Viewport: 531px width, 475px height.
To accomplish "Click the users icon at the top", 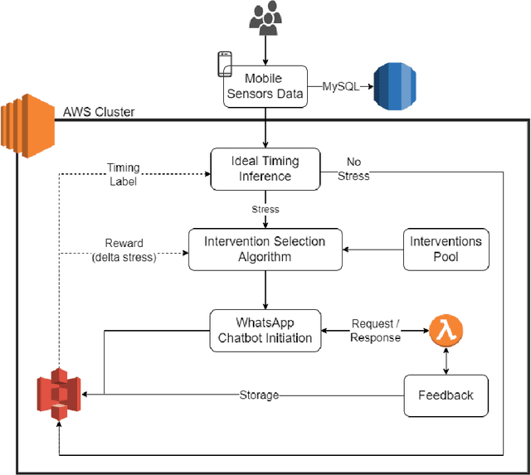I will click(x=265, y=18).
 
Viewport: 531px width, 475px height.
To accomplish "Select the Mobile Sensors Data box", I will click(x=265, y=85).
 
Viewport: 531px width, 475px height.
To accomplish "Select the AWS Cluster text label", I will click(x=99, y=112).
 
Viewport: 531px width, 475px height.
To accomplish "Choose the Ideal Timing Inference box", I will click(x=264, y=168).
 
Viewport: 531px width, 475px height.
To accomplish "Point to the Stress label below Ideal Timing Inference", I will click(x=265, y=210).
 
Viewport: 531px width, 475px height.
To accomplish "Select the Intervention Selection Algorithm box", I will click(x=265, y=249).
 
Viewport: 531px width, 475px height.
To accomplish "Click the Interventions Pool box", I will click(x=446, y=249).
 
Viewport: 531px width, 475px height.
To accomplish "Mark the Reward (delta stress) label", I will click(x=124, y=250).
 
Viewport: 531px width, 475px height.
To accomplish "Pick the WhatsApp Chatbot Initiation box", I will click(x=265, y=330).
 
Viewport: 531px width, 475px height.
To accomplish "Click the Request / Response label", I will click(x=374, y=331).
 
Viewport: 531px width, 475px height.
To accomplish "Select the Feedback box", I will click(x=446, y=395).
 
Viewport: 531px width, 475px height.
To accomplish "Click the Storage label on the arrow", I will click(x=259, y=395).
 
